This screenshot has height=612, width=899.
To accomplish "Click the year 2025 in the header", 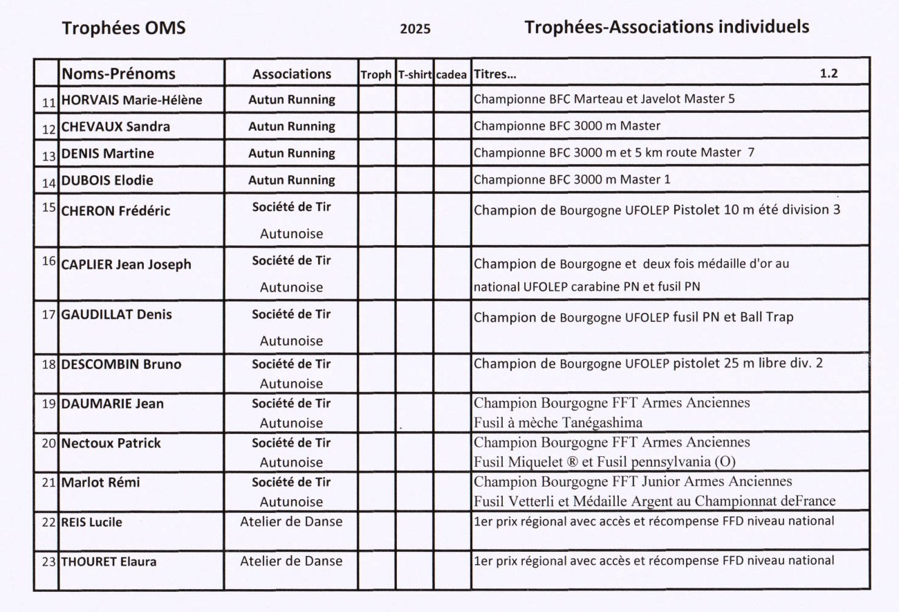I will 415,28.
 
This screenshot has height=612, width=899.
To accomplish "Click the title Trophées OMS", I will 124,28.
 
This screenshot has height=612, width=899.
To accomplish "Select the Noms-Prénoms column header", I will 118,73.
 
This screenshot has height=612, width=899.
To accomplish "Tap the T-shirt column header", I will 415,75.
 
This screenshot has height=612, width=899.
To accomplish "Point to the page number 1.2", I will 828,73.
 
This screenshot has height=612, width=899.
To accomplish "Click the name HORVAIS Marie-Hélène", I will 131,100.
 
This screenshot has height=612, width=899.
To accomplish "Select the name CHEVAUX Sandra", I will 115,127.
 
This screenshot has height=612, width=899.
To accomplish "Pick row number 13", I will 48,156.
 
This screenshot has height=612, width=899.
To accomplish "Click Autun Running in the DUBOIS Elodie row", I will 291,180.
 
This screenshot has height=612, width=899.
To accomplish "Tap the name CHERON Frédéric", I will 115,210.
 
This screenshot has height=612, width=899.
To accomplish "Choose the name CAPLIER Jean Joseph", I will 126,264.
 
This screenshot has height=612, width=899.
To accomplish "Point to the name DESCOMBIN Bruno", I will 121,364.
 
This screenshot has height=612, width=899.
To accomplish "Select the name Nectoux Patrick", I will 111,443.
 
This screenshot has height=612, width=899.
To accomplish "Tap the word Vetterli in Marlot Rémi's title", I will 527,501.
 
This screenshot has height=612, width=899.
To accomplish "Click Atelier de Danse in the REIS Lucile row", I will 291,521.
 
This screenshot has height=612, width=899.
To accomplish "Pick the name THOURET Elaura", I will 109,562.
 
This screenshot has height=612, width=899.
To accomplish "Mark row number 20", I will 48,443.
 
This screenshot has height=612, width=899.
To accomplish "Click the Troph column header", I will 376,75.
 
